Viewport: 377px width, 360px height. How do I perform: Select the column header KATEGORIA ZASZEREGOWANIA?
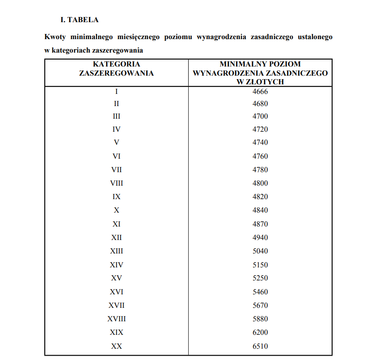(116, 69)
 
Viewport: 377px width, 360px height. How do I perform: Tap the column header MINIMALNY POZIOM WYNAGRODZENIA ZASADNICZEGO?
(260, 73)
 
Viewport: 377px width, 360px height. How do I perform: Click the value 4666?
(260, 91)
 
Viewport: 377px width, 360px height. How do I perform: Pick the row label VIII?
(116, 183)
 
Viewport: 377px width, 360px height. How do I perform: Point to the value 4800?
(260, 183)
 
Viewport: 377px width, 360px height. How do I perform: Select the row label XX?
(116, 346)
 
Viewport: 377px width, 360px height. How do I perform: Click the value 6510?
(260, 346)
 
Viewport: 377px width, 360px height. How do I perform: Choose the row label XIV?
(116, 265)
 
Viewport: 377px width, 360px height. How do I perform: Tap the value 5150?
(260, 265)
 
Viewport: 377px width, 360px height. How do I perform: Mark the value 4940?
(260, 237)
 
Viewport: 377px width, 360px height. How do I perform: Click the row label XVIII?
(116, 319)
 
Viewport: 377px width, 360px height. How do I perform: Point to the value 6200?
(260, 332)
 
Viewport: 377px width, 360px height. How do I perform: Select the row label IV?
(116, 129)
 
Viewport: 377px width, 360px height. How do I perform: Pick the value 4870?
(260, 224)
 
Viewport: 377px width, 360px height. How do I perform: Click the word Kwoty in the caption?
(55, 37)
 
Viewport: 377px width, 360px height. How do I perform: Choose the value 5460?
(260, 292)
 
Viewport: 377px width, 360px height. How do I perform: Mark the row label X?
(116, 210)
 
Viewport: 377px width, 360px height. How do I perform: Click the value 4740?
(260, 142)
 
